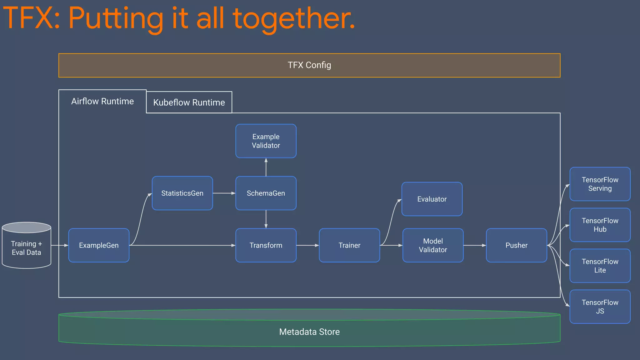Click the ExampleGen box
pyautogui.click(x=99, y=245)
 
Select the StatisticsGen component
pyautogui.click(x=182, y=193)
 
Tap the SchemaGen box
pyautogui.click(x=266, y=193)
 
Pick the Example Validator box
pyautogui.click(x=266, y=141)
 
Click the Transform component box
pyautogui.click(x=266, y=245)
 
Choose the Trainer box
pyautogui.click(x=349, y=245)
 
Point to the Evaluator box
pyautogui.click(x=432, y=199)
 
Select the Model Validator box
pyautogui.click(x=433, y=245)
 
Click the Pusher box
pyautogui.click(x=516, y=245)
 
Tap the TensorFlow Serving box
pyautogui.click(x=600, y=184)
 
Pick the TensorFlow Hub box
pyautogui.click(x=600, y=225)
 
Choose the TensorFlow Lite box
pyautogui.click(x=600, y=266)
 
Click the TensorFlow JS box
pyautogui.click(x=600, y=307)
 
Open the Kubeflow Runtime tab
pyautogui.click(x=189, y=102)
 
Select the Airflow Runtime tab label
pyautogui.click(x=102, y=101)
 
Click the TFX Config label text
pyautogui.click(x=309, y=65)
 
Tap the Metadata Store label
pyautogui.click(x=309, y=332)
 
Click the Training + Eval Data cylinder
pyautogui.click(x=27, y=248)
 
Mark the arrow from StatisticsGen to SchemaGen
pyautogui.click(x=224, y=193)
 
